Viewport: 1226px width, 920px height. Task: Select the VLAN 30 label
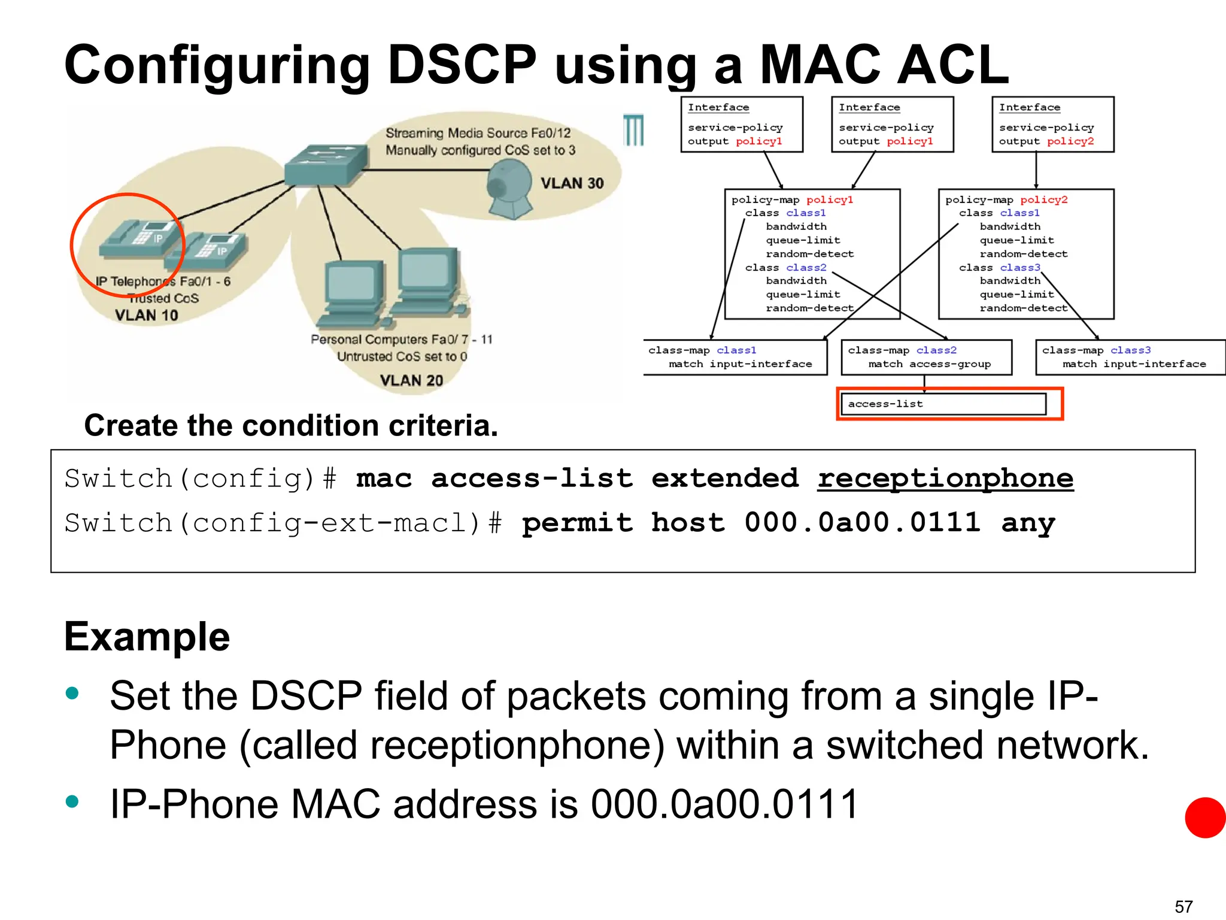pos(572,183)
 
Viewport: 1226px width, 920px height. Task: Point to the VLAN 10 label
pos(146,315)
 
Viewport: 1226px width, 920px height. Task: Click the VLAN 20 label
pos(411,380)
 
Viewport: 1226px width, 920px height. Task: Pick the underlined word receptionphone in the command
pos(945,479)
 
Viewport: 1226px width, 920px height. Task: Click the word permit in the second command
pos(577,523)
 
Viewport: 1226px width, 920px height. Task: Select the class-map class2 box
pos(926,357)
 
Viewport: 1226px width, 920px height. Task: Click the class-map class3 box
pos(1130,357)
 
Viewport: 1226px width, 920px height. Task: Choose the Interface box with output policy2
pos(1052,125)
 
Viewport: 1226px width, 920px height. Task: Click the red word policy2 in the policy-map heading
pos(1043,200)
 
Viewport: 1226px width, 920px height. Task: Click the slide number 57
pos(1183,906)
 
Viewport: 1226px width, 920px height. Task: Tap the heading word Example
pos(147,637)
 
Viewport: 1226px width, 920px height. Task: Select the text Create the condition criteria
pos(291,426)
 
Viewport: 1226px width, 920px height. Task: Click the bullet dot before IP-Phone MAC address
pos(72,801)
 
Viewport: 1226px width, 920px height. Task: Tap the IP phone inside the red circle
pos(139,240)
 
